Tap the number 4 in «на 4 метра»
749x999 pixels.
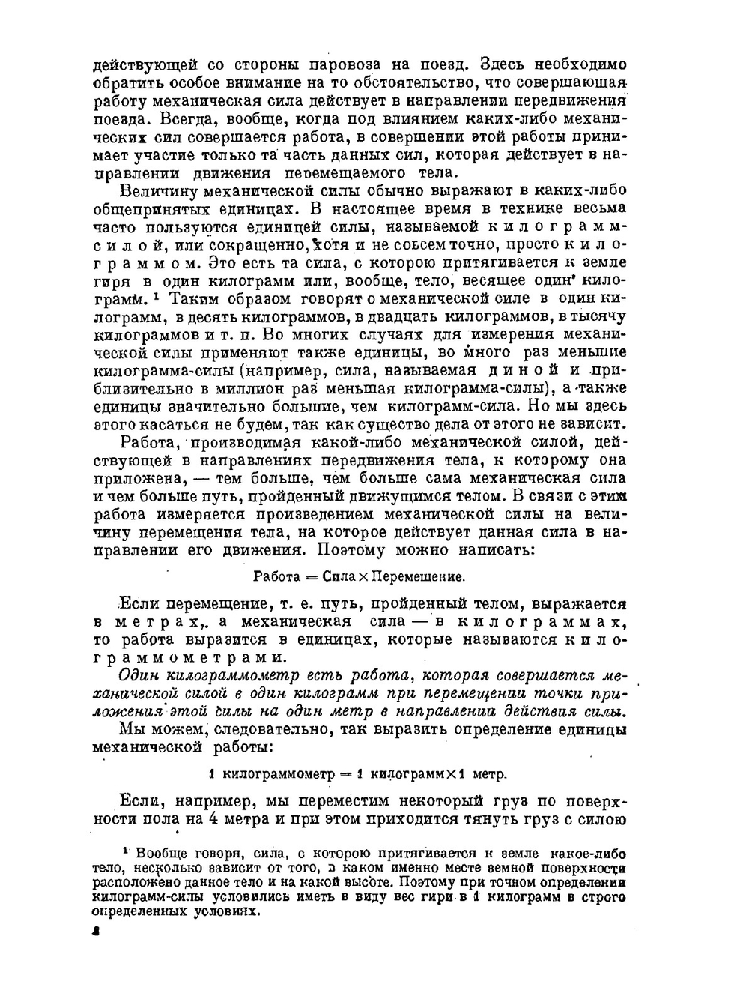[x=212, y=819]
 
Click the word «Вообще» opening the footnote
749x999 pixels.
[x=165, y=854]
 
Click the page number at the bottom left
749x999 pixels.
[x=94, y=932]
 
